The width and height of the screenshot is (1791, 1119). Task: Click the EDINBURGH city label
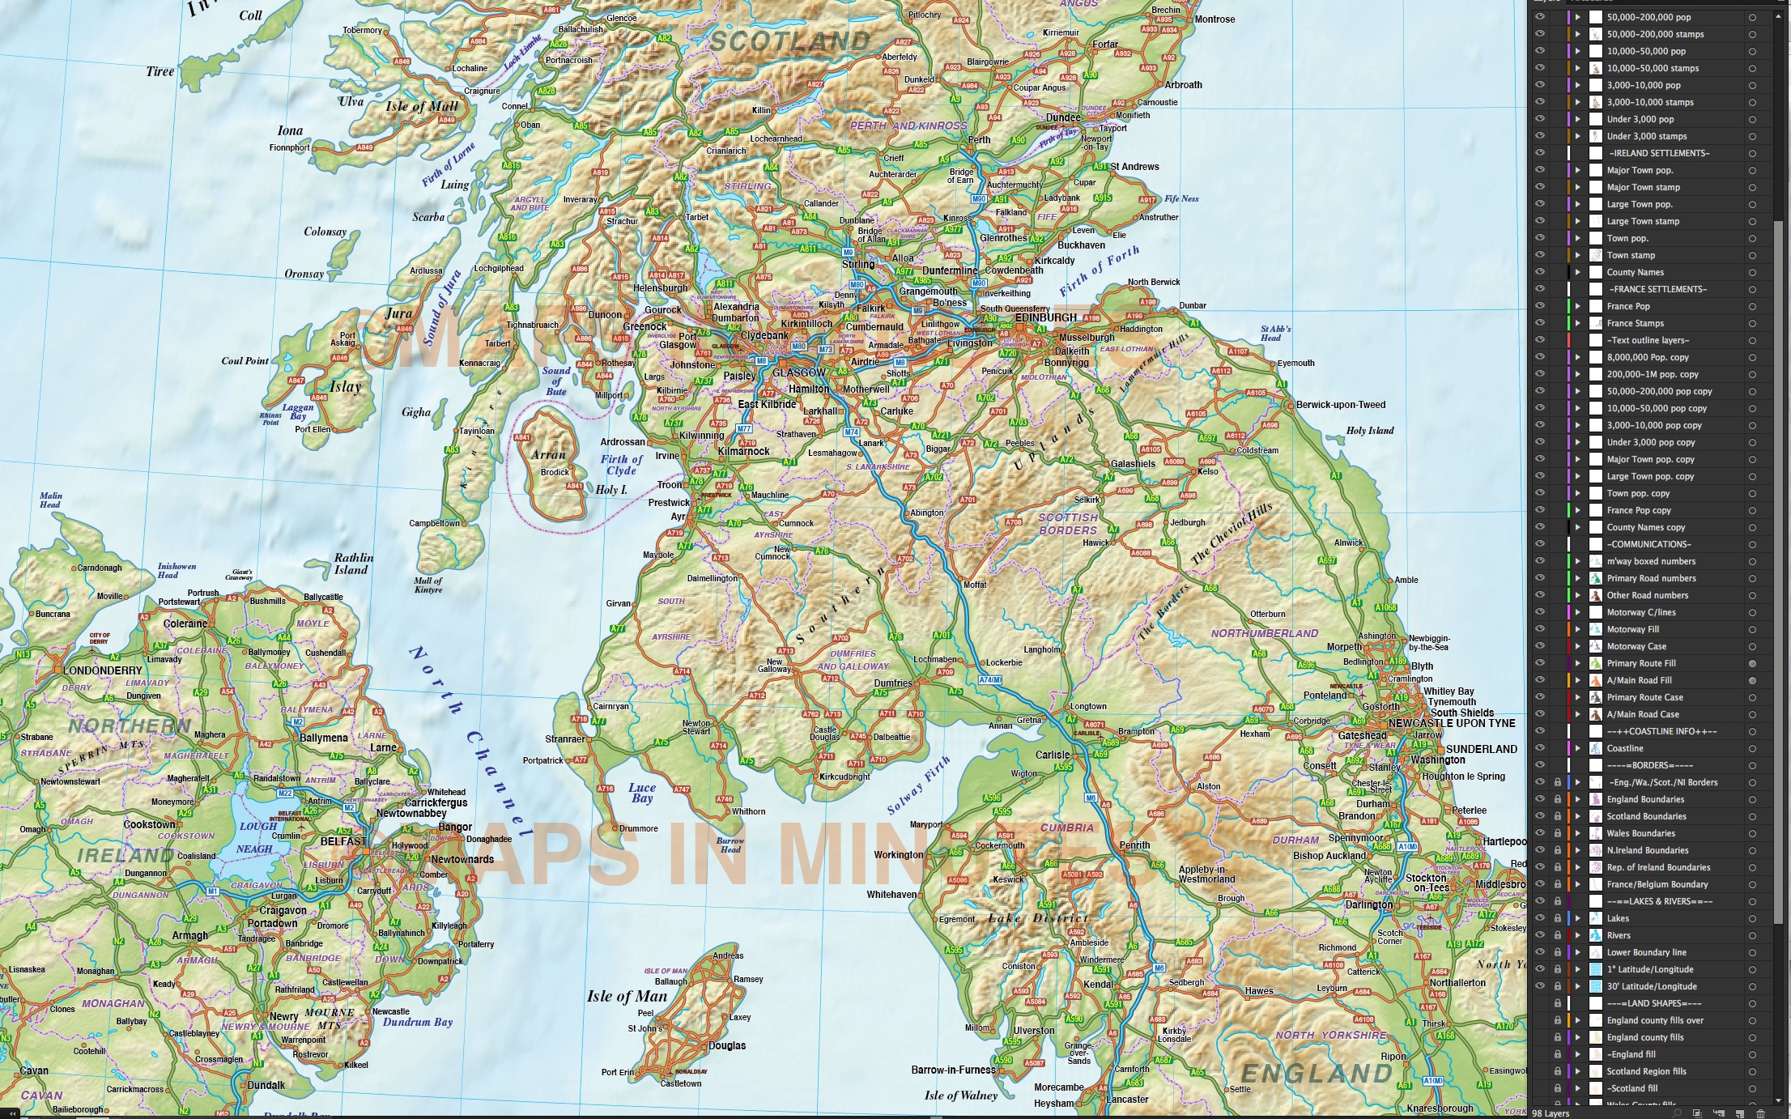1046,317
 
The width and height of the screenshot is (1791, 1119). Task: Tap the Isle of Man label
627,997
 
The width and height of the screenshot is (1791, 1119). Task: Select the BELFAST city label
343,841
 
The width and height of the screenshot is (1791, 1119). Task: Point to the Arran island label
548,454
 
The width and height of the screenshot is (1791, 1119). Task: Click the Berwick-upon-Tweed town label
1341,405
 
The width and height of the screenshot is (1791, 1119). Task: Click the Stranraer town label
564,739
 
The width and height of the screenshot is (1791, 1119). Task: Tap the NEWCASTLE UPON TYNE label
1452,723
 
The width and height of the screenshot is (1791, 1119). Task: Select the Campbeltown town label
434,523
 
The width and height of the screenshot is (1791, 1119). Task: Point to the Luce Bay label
642,793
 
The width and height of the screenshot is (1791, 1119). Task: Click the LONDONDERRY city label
102,670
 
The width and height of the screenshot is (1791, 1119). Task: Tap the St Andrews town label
1134,167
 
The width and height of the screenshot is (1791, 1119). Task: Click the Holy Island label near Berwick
1370,431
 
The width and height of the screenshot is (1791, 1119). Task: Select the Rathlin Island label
353,564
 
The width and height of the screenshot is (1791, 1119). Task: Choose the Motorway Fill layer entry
1632,629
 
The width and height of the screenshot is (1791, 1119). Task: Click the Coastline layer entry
1624,748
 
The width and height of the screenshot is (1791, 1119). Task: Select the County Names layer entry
1635,272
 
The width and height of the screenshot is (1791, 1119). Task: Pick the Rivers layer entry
1619,935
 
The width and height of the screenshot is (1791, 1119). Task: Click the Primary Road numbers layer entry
1651,578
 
